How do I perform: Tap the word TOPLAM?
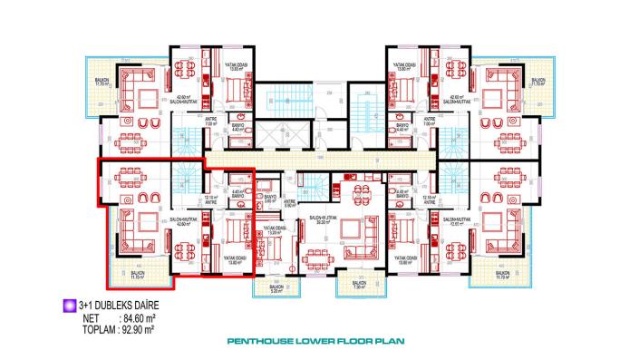[x=88, y=328]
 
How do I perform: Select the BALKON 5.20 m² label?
[x=276, y=291]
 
